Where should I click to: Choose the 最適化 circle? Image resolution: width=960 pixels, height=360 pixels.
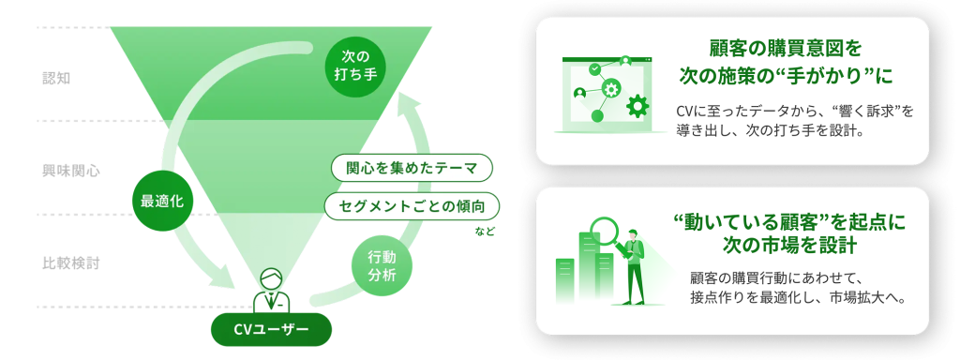point(161,200)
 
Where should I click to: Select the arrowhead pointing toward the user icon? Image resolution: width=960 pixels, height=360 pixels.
point(230,278)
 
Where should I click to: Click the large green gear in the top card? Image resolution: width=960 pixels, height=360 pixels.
point(637,106)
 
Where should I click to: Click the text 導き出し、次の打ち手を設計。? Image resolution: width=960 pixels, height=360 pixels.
point(769,131)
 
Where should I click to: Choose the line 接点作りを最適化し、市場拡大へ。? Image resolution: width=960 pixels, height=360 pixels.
point(797,297)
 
